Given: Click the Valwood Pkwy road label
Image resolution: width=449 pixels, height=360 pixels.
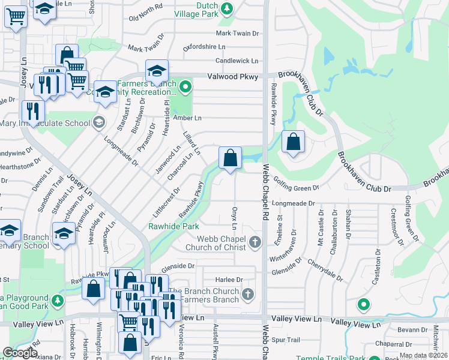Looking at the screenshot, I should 232,76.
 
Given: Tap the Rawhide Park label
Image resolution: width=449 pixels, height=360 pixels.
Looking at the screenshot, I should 173,227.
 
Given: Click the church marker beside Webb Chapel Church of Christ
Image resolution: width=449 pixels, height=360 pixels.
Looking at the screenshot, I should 255,242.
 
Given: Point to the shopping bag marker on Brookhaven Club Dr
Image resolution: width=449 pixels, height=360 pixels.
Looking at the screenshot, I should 293,143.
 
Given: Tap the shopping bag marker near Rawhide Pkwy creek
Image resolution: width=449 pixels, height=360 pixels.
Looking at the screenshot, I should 230,158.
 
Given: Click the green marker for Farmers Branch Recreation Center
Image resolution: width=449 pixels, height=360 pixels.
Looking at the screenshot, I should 185,88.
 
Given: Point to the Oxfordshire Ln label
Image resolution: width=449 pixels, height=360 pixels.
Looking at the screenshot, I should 204,46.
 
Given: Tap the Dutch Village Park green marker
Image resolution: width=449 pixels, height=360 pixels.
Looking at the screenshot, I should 227,8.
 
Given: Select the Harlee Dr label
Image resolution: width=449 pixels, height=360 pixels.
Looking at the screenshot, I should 230,280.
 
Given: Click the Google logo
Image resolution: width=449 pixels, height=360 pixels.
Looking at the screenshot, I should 19,352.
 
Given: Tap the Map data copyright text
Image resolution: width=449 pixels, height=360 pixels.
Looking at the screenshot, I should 423,355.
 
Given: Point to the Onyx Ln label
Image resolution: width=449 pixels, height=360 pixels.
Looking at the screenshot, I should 234,218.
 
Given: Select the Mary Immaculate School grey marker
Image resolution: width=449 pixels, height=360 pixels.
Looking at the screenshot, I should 98,123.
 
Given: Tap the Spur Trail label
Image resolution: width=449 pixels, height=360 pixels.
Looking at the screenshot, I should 286,340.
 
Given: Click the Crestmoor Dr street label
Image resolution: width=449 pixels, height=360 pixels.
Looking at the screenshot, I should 394,221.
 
